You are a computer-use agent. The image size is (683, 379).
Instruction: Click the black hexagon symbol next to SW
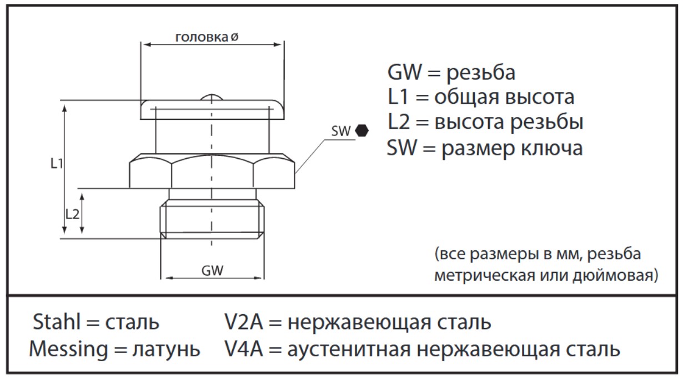(x=362, y=130)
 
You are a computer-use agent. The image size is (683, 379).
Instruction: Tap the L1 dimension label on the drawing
(x=57, y=164)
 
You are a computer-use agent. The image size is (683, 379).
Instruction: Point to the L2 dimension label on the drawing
(x=72, y=214)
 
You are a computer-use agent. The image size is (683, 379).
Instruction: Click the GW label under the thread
(x=212, y=271)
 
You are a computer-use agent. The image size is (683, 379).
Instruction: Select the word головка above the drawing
(x=202, y=37)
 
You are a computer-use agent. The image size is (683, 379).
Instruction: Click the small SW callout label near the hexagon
(x=341, y=132)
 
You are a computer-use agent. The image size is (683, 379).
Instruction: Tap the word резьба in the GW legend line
(x=481, y=73)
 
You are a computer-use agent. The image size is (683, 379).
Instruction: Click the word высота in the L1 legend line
(x=540, y=97)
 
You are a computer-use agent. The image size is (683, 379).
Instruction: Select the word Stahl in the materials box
(x=57, y=322)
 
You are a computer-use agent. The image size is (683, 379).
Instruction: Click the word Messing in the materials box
(x=69, y=349)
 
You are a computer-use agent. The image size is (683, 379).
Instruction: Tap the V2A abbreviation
(x=243, y=322)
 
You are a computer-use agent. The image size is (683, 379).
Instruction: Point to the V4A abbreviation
(x=243, y=349)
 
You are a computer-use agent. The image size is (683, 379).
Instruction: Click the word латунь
(x=166, y=350)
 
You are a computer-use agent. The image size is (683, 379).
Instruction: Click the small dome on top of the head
(x=212, y=97)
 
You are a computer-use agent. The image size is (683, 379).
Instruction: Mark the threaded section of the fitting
(x=212, y=219)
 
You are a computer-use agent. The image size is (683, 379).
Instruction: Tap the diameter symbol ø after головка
(x=234, y=37)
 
